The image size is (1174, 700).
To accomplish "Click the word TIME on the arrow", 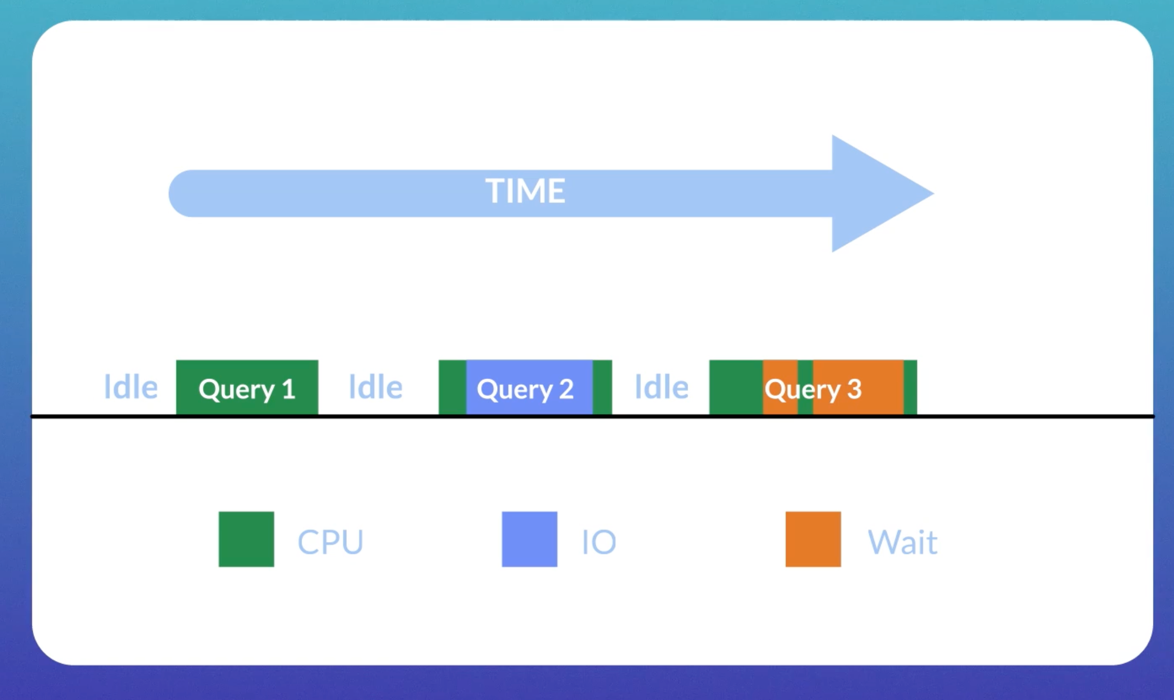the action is click(525, 191).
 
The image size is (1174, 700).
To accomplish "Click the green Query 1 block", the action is click(247, 387).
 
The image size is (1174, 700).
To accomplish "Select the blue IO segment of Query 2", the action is click(529, 387).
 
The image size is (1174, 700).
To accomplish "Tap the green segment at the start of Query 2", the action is click(452, 387).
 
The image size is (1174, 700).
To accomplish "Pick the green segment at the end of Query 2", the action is click(602, 387).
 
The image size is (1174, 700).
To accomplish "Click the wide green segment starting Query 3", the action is click(736, 387).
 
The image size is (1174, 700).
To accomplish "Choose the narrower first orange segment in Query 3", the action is click(780, 387).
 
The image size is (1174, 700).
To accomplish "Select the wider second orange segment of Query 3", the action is click(858, 387).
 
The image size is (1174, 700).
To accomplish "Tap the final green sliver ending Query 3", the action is click(910, 387).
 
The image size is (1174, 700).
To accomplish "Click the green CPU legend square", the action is click(246, 539).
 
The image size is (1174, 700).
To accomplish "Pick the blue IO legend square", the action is click(530, 539).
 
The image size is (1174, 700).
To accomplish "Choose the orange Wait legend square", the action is click(813, 539).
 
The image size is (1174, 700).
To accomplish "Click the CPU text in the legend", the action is click(330, 542).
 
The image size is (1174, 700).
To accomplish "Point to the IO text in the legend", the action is click(599, 542).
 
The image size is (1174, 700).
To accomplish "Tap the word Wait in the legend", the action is click(903, 542).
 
